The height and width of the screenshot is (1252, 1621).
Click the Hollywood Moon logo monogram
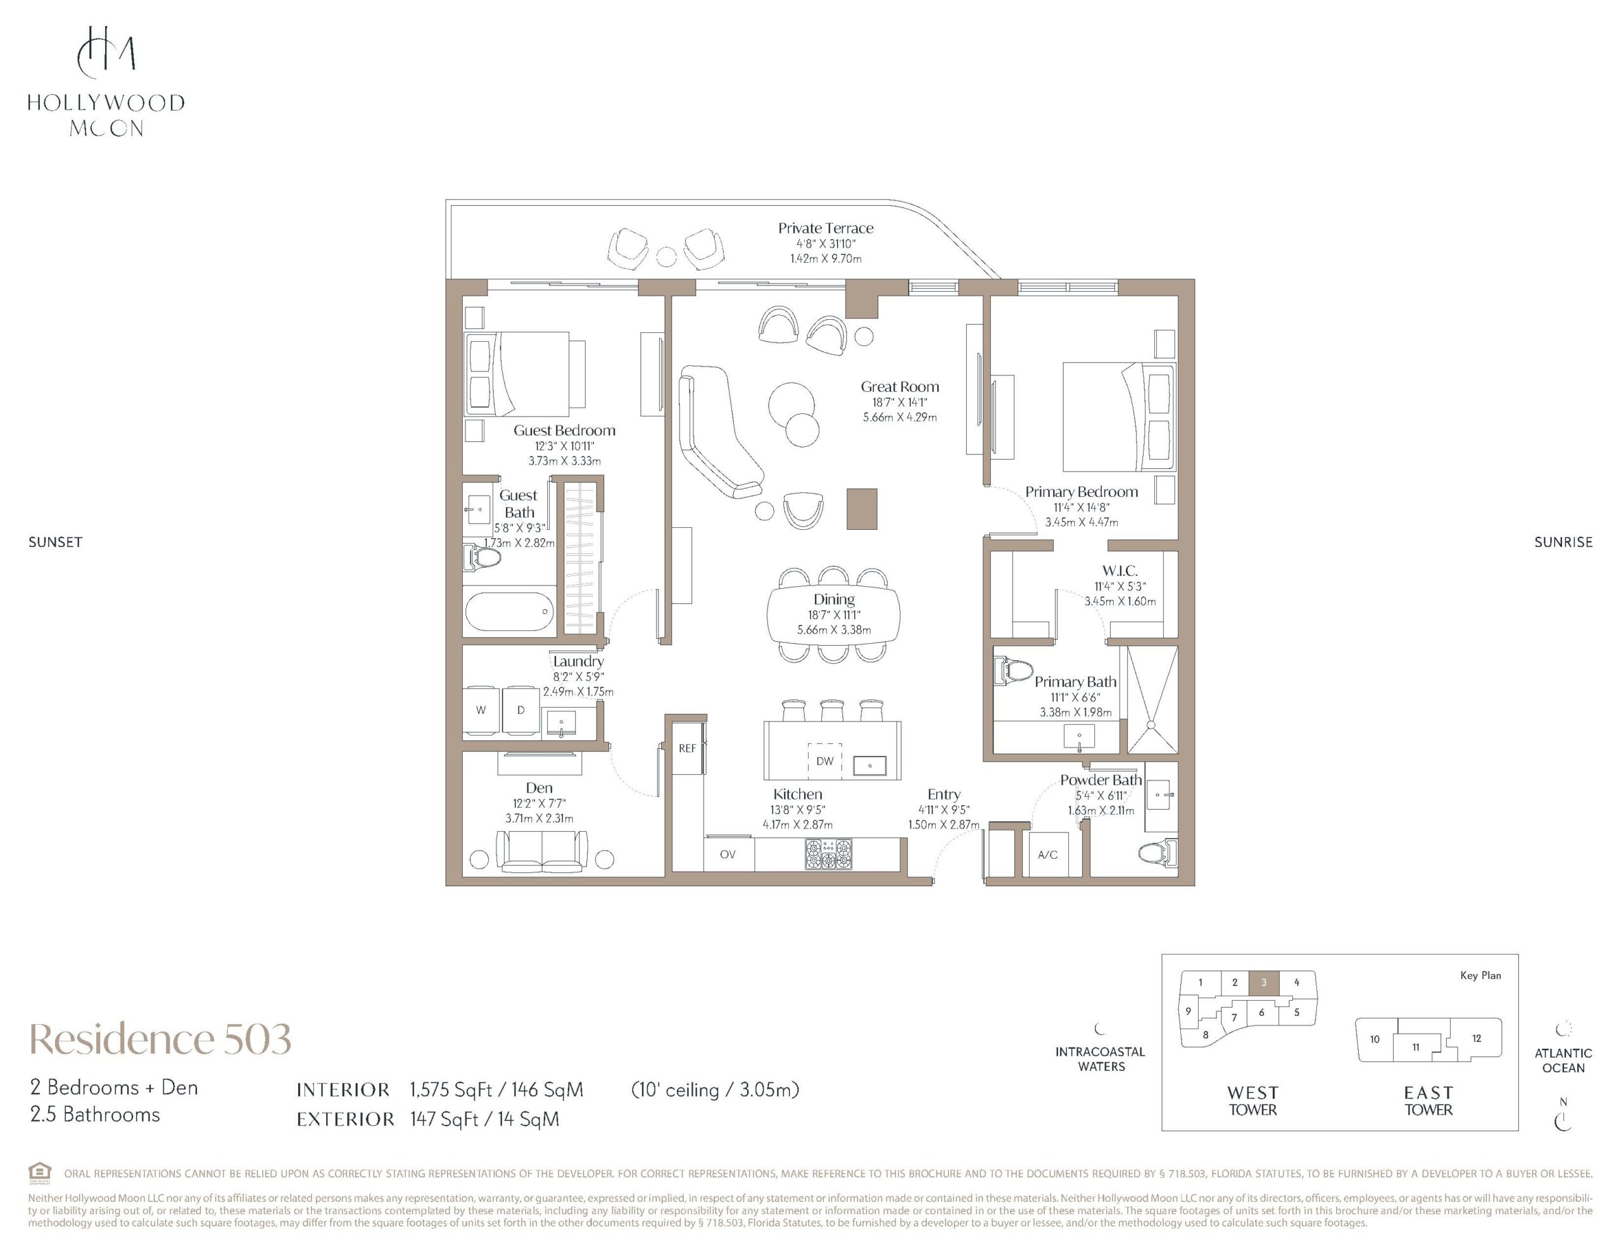pos(106,52)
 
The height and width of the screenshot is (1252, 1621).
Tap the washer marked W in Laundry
pos(481,710)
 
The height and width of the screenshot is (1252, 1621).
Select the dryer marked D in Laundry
pos(521,710)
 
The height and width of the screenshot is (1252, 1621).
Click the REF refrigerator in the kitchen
pos(687,748)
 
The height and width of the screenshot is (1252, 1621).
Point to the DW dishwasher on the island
pos(824,761)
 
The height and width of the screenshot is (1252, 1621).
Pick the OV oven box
pos(729,854)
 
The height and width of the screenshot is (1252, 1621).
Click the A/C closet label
pos(1047,855)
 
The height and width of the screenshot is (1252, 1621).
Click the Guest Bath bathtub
pos(510,611)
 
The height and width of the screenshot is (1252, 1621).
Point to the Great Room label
pos(900,387)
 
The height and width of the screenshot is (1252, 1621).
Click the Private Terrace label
pos(825,228)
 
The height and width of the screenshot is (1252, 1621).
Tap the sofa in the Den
pos(542,851)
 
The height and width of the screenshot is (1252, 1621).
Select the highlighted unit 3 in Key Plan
pos(1263,982)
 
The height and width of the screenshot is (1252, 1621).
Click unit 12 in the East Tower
pos(1476,1038)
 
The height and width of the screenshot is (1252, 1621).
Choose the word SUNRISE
pos(1563,542)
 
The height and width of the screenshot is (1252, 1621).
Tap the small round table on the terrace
pos(667,257)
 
